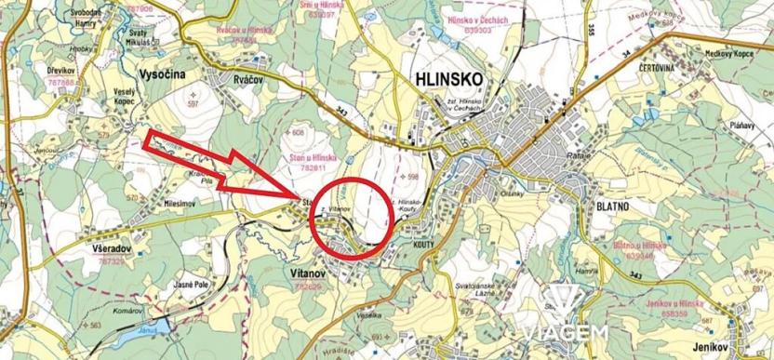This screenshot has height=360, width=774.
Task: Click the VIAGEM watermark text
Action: coord(565,331)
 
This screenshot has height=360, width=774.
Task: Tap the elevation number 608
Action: coord(299,132)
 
